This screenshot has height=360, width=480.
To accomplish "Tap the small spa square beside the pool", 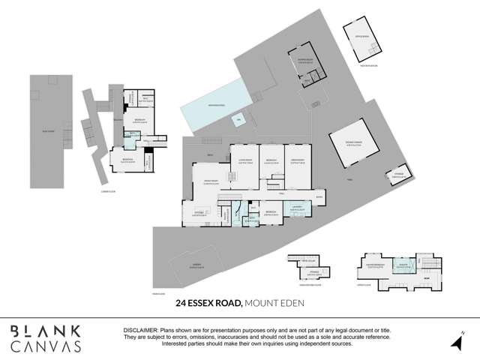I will (239, 120).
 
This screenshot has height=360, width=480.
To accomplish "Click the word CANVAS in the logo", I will (46, 346).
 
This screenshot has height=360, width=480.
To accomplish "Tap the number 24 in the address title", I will (181, 304).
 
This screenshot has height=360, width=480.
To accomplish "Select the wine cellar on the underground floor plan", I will (304, 260).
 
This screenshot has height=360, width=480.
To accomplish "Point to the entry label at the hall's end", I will (319, 198).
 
